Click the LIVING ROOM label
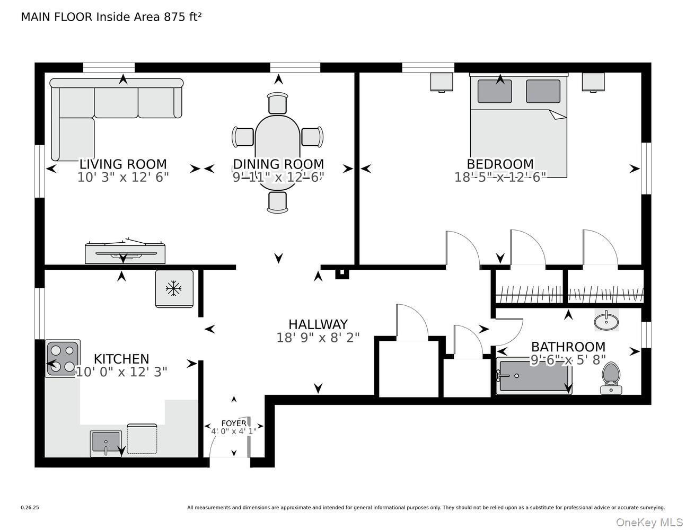[123, 164]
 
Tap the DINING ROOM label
[278, 164]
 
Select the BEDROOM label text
[500, 164]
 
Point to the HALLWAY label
[318, 324]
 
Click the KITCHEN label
[121, 359]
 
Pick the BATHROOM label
[568, 347]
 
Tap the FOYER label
[234, 423]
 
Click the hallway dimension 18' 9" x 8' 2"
[318, 338]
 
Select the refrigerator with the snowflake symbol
[174, 289]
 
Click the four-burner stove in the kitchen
[63, 358]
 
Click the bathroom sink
[606, 321]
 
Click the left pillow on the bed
[495, 91]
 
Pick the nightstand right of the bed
[593, 82]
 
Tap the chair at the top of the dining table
[278, 103]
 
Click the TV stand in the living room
[125, 253]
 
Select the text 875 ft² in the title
[182, 17]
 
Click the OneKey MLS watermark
[649, 522]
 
